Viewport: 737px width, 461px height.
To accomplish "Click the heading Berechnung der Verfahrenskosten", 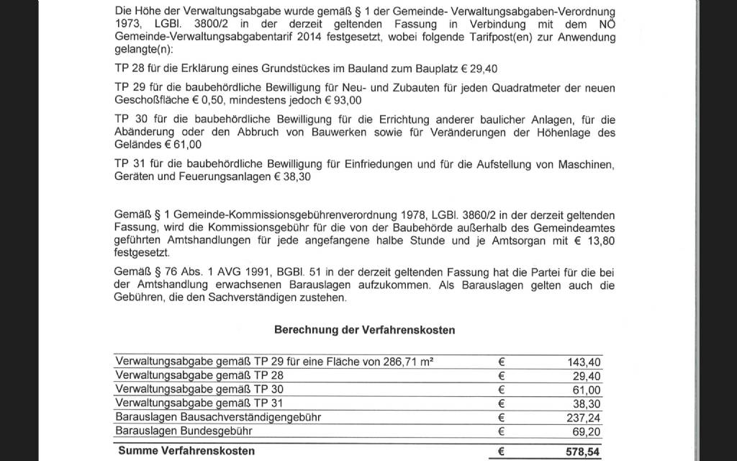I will pos(363,329).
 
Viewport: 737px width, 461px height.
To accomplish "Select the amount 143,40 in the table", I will pos(584,362).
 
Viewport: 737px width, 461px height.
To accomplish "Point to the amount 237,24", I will pos(584,416).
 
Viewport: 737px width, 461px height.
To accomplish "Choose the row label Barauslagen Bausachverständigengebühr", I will pos(218,416).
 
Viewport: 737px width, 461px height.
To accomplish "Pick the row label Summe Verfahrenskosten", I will pos(185,452).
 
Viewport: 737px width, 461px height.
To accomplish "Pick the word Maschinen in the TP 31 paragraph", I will pos(588,164).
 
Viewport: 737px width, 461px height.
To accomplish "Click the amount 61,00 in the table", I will pos(587,389).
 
